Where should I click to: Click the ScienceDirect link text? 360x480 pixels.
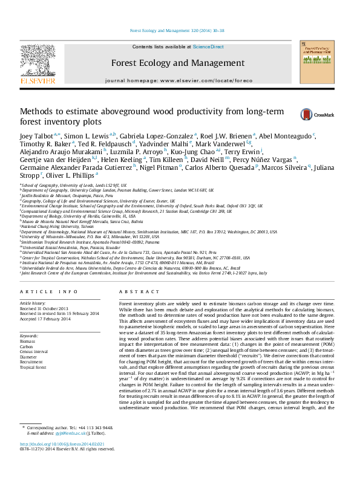click(x=208, y=47)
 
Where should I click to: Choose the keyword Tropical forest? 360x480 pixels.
click(x=33, y=366)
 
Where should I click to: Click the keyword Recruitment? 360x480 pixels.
click(x=32, y=362)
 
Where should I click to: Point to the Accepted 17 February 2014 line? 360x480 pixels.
click(x=45, y=319)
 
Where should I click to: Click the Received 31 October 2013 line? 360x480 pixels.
click(x=44, y=308)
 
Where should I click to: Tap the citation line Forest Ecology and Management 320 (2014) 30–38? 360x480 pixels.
click(x=179, y=30)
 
